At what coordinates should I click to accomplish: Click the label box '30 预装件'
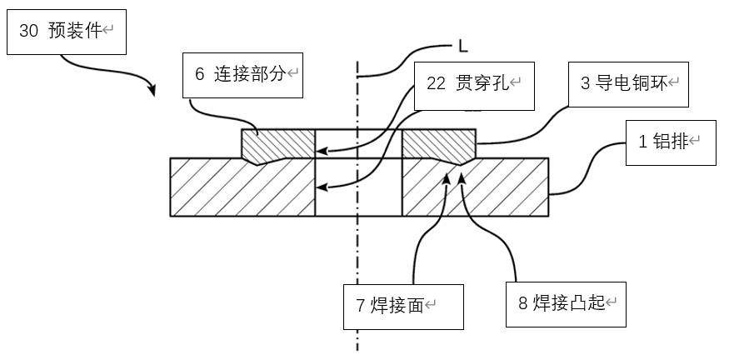coord(63,32)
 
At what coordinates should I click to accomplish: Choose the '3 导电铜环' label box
coord(628,83)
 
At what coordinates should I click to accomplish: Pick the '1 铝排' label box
coord(670,141)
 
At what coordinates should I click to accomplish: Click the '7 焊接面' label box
coord(403,307)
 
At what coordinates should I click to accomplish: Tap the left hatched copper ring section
coord(280,143)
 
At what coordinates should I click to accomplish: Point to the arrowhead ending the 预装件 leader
coord(153,90)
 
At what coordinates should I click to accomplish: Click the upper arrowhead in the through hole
coord(321,152)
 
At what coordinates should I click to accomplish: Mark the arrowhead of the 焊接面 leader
coord(447,177)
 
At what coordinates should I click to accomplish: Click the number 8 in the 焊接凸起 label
coord(523,304)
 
